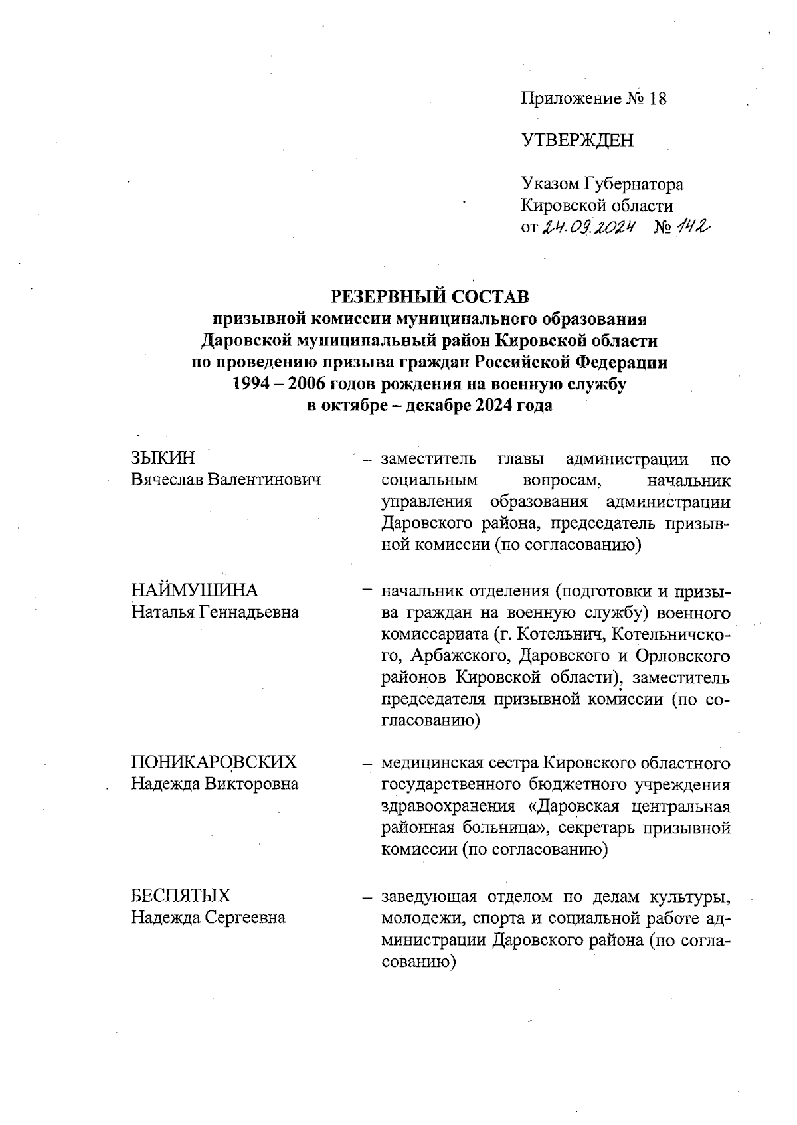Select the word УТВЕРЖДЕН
tap(577, 141)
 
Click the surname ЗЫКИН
tap(163, 458)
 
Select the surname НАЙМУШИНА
tap(195, 590)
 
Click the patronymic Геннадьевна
tap(245, 612)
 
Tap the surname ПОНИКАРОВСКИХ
tap(213, 762)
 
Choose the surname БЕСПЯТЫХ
tap(181, 895)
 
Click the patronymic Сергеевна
tap(245, 918)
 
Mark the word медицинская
tap(432, 762)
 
